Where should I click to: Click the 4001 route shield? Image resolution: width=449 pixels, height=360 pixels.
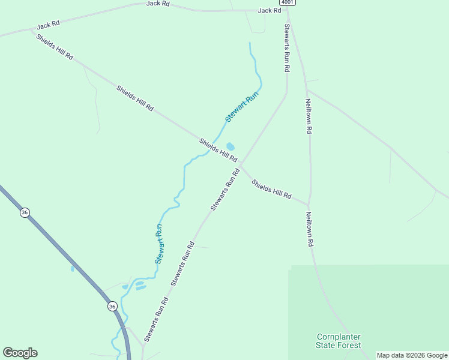point(289,2)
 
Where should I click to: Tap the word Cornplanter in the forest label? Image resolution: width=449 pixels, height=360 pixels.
point(339,337)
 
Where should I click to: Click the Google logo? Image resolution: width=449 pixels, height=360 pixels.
point(20,353)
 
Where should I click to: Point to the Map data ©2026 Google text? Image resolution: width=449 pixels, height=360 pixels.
point(412,355)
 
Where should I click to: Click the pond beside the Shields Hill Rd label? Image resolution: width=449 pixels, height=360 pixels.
point(230,146)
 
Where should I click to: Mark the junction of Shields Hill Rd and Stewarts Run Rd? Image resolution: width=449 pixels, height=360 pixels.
point(241,163)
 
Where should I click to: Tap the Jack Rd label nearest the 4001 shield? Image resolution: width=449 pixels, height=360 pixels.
point(270,10)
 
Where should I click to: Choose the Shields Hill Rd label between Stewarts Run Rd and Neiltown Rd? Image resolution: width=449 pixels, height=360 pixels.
point(271,189)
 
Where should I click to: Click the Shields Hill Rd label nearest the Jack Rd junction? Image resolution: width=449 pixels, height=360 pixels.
point(55,47)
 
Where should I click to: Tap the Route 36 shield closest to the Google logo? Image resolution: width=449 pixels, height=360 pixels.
point(112,307)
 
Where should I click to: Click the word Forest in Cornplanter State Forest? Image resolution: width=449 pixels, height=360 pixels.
point(349,345)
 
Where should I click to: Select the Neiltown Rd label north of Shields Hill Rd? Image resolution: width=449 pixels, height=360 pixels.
point(309,116)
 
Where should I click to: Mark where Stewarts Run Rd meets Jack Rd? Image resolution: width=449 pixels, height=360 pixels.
point(287,10)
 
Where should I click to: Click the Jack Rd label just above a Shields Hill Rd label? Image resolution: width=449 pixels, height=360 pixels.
point(48,25)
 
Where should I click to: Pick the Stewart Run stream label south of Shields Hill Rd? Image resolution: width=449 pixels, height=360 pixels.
point(159,244)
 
